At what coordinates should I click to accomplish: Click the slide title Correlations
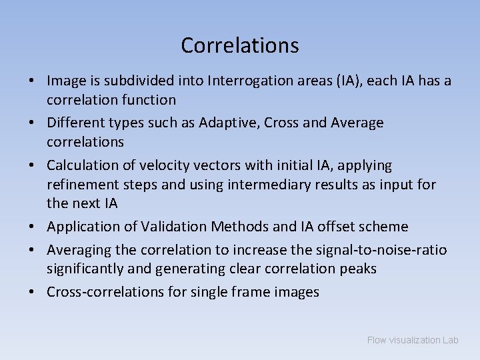tap(239, 45)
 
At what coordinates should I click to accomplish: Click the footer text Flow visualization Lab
tap(413, 340)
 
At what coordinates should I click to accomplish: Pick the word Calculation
tap(79, 165)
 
